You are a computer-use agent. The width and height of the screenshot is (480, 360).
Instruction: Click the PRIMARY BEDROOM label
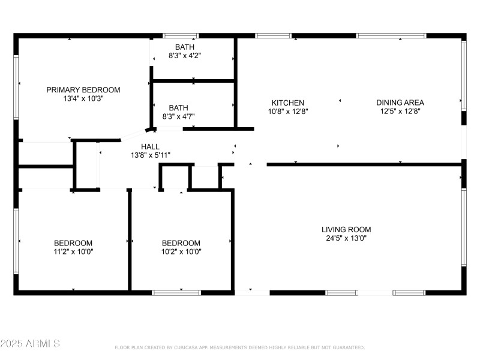click(83, 90)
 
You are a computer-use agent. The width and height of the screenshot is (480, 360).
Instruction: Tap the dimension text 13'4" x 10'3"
click(83, 99)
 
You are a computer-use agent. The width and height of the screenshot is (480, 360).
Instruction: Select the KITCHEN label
click(287, 103)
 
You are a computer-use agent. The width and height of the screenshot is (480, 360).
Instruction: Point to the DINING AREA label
click(400, 103)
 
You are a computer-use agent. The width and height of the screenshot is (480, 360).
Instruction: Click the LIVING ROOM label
click(346, 229)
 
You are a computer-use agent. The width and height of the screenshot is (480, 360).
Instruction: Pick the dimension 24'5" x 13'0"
click(346, 238)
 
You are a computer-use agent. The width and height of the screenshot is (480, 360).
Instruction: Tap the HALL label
click(150, 146)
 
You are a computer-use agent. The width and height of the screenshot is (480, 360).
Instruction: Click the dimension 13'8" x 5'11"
click(150, 155)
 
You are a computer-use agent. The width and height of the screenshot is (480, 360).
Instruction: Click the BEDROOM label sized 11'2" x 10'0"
click(73, 243)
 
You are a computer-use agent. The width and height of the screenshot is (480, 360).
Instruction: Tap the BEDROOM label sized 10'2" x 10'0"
click(181, 243)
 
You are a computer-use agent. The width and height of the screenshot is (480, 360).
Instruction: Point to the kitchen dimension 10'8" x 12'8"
click(287, 111)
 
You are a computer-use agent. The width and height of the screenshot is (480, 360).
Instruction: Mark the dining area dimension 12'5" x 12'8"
click(400, 111)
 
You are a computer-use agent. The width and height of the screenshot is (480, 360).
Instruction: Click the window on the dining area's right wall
click(463, 75)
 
